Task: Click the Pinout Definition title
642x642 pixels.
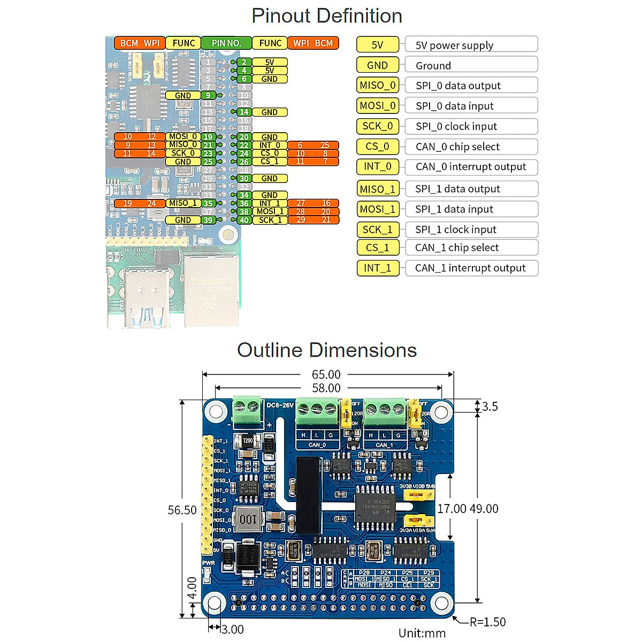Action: [326, 16]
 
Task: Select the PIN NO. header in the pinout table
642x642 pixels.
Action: [226, 43]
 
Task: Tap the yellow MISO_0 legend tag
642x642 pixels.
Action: [378, 86]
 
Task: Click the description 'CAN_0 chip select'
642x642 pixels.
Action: [457, 147]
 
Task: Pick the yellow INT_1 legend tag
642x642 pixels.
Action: [378, 267]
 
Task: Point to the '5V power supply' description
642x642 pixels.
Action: [454, 45]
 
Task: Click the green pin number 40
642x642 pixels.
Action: [244, 220]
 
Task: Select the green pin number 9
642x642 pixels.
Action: [208, 95]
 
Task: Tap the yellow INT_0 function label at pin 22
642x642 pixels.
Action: [270, 145]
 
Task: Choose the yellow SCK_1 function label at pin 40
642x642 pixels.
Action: [270, 220]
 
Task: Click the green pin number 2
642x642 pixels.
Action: [244, 62]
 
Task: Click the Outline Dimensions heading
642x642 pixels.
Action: [326, 350]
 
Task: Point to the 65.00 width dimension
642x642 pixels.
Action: [326, 374]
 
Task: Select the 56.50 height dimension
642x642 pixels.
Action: [182, 510]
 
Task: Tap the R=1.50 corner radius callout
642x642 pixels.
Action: [487, 622]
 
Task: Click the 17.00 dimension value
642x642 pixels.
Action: [452, 509]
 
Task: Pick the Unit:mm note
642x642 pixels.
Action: [422, 633]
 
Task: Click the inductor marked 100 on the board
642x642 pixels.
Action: [248, 519]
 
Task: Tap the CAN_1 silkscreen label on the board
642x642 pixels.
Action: [384, 445]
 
